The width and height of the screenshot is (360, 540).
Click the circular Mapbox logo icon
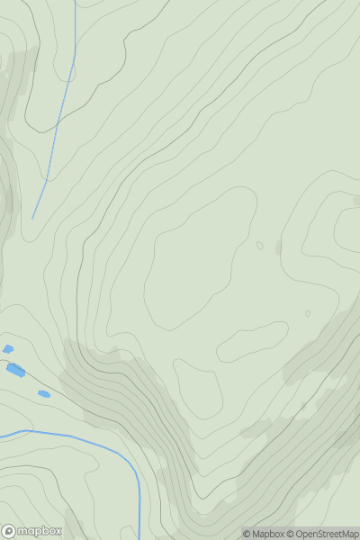pos(9,531)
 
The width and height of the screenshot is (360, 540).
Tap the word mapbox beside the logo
pos(40,531)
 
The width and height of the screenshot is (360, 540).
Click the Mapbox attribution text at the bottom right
pos(267,534)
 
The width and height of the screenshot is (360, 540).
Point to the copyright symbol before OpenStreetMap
pos(291,534)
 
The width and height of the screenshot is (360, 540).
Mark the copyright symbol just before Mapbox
pos(247,534)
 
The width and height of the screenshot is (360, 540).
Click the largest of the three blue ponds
pos(15,369)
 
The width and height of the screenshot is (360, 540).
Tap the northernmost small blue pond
pos(8,349)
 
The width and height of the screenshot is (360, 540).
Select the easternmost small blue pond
pos(43,393)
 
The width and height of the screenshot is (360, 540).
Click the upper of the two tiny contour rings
pos(260,245)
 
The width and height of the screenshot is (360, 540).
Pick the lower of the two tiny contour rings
pos(308,314)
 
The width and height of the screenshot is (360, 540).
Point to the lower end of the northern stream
pos(33,218)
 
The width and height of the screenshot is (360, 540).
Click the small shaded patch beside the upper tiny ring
pos(278,247)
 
